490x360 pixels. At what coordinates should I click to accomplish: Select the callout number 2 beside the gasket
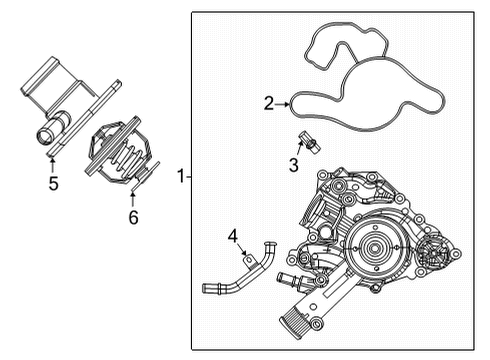click(x=269, y=102)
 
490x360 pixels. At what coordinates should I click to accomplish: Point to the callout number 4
click(x=233, y=237)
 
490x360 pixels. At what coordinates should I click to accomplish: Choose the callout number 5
click(x=52, y=183)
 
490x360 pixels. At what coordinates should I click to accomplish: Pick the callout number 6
click(x=132, y=216)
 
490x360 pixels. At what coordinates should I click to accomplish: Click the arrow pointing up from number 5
click(x=52, y=160)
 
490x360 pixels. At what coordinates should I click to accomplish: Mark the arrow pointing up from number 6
click(x=132, y=194)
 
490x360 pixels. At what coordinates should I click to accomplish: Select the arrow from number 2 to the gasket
click(x=285, y=102)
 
